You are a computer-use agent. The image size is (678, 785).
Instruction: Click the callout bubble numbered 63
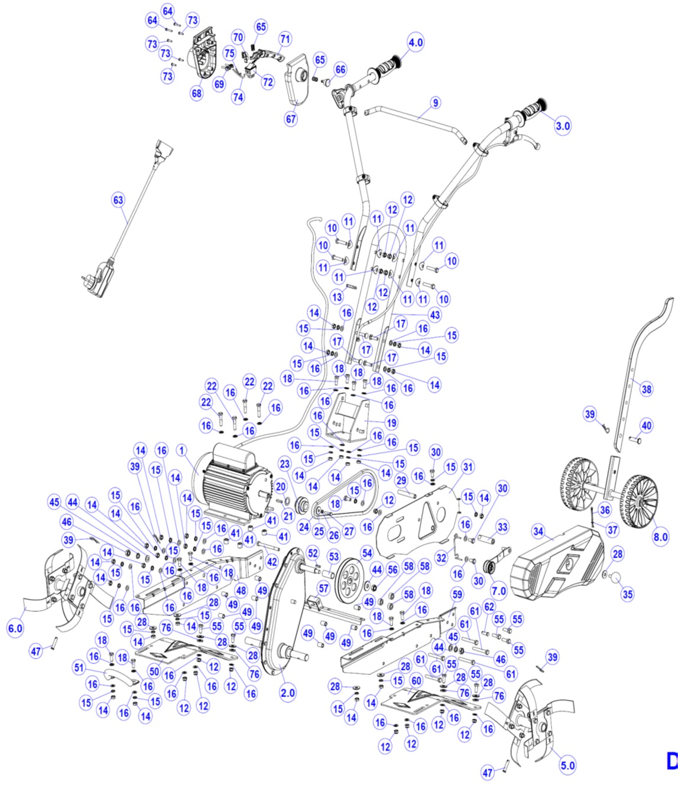118,200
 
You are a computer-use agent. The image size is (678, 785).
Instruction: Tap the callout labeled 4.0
416,43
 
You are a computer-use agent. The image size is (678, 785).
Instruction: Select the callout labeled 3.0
563,125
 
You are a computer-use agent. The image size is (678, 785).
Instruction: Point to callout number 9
436,103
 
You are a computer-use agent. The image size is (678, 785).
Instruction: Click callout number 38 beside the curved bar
647,389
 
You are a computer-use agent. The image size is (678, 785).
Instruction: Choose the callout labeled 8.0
660,537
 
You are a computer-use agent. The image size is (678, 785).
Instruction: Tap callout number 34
538,532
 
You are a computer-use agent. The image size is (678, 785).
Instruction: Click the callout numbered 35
628,594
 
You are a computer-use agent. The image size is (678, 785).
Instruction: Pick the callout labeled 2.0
288,693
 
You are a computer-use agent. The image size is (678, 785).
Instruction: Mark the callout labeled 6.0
15,628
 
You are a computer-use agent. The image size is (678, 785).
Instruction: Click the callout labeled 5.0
567,766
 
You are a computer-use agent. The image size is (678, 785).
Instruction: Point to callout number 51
79,667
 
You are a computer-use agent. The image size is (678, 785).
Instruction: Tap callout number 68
196,93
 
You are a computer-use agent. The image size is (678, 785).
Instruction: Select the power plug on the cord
99,282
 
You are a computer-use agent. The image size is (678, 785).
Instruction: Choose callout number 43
435,315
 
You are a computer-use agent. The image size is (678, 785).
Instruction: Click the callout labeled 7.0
499,590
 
